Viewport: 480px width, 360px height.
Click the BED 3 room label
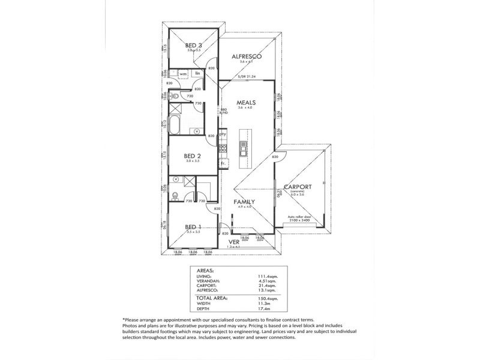coord(193,46)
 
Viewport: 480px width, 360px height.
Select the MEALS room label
coord(247,103)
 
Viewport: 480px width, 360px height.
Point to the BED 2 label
coord(192,156)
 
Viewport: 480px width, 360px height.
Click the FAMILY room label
coord(244,202)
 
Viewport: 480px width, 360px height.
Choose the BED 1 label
coord(193,226)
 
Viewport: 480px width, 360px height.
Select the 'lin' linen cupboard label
coord(196,73)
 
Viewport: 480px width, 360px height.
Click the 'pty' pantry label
coord(223,134)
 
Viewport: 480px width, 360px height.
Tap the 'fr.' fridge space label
coord(223,163)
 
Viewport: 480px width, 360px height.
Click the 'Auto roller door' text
coord(298,217)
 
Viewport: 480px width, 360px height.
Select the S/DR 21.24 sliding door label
coord(247,77)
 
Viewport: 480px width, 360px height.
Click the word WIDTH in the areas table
coord(205,303)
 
